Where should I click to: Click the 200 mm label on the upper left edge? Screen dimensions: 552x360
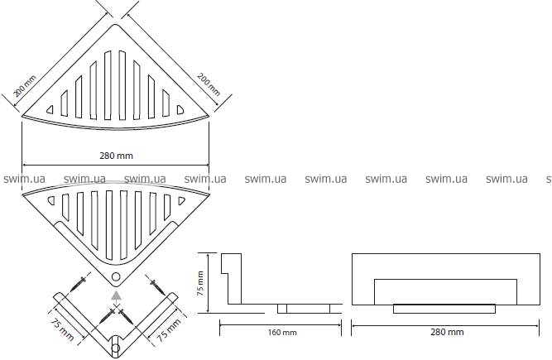25,86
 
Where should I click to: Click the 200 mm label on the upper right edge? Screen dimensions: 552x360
209,84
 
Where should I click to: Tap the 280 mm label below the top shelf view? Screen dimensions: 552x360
116,156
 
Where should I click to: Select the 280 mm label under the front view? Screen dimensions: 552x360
447,332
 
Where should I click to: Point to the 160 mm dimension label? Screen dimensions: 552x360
282,332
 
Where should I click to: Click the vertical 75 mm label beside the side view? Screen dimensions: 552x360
200,283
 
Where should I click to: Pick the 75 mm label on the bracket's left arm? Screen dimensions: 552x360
62,329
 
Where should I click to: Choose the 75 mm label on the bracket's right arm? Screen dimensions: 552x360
169,329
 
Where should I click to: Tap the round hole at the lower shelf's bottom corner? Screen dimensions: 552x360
116,276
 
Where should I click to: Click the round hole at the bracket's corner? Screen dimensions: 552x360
116,348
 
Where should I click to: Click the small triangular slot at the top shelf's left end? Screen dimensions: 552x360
50,110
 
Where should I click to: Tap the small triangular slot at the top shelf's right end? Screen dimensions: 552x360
180,110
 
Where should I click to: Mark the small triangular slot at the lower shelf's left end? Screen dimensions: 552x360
51,200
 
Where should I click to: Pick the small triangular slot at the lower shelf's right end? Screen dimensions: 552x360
181,200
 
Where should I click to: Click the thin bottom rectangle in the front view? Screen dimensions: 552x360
444,309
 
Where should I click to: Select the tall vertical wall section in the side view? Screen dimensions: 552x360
232,278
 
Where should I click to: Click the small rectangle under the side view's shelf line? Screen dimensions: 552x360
304,309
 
